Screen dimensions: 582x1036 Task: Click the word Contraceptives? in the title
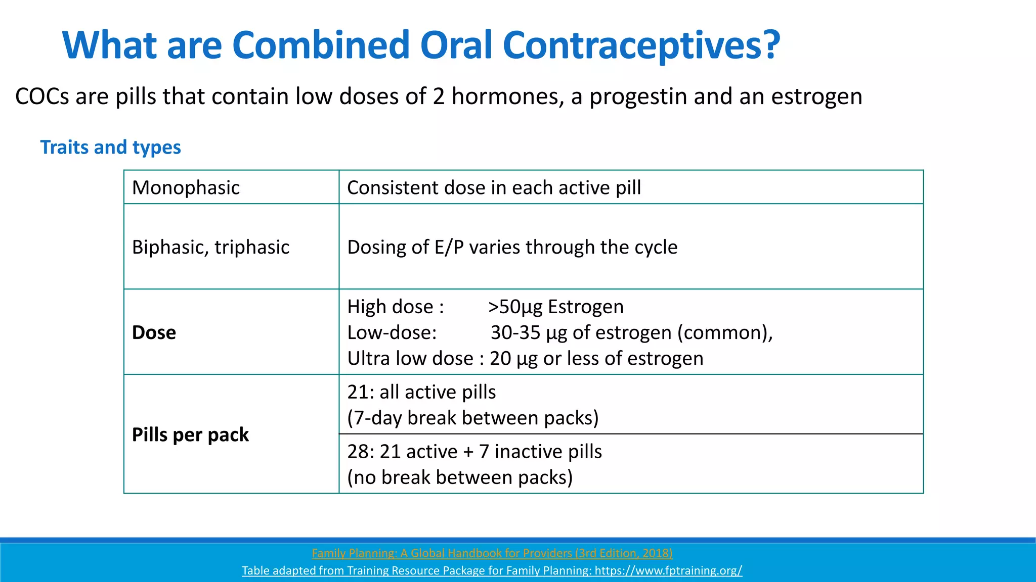(x=641, y=45)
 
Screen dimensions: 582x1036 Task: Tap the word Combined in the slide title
(x=320, y=45)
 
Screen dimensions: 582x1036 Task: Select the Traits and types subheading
(x=110, y=147)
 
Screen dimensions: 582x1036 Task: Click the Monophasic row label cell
(x=186, y=187)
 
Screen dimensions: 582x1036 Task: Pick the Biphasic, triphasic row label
(x=210, y=247)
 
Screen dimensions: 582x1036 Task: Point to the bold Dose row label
(x=154, y=332)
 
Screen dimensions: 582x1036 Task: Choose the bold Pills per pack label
(x=190, y=434)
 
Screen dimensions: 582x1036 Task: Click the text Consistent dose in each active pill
(x=494, y=187)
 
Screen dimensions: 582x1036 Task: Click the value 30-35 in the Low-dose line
(x=515, y=332)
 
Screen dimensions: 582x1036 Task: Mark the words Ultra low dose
(x=410, y=358)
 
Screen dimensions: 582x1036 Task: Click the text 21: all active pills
(x=421, y=392)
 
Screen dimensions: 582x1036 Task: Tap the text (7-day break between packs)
(x=472, y=418)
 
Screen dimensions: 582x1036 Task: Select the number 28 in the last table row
(x=358, y=451)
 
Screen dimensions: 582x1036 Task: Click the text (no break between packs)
(x=459, y=477)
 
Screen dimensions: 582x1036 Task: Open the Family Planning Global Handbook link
(x=492, y=553)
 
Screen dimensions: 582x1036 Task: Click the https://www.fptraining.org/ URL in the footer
(x=668, y=570)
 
